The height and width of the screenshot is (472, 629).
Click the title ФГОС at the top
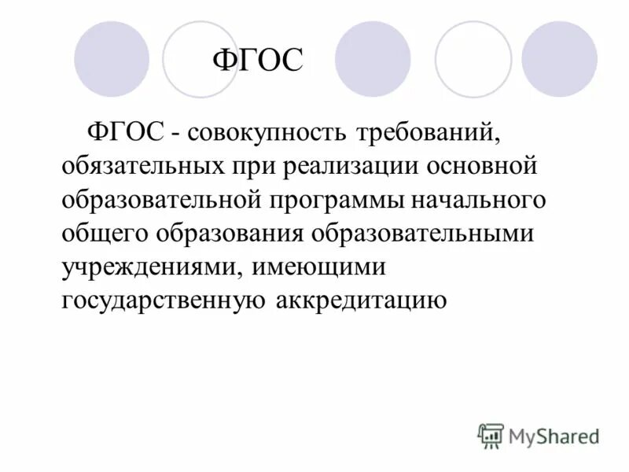coord(259,61)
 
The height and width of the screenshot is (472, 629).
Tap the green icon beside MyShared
coord(491,436)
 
